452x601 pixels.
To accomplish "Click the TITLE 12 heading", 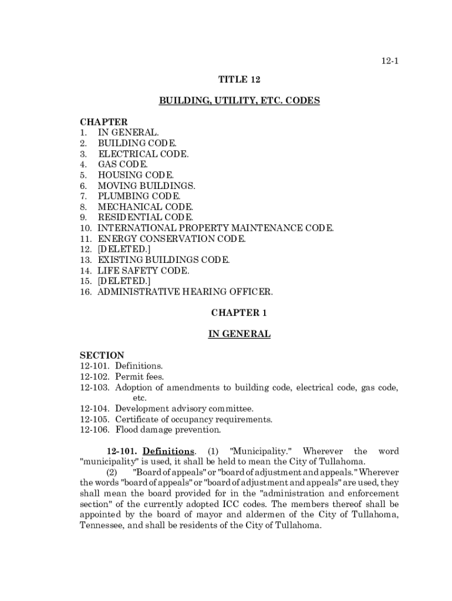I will coord(239,79).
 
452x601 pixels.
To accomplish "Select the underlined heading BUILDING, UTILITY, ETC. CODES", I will coord(239,101).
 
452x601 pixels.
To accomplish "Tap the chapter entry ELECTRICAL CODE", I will coord(143,154).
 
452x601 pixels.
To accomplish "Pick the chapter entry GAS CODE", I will coord(123,164).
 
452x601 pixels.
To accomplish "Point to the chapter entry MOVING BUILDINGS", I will coord(146,185).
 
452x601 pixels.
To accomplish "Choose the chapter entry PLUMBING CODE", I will coord(139,196).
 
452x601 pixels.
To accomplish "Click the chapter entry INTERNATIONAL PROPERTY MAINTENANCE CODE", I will coord(215,228).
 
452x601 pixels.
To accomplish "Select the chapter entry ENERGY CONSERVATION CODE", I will coord(171,239).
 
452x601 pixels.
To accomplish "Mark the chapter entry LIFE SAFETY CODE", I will coord(143,271).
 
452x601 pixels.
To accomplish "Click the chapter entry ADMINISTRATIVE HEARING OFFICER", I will coord(185,292).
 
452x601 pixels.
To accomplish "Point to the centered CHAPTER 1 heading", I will coord(239,313).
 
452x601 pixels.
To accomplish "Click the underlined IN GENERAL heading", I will coord(239,334).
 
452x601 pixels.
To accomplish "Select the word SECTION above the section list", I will coord(102,355).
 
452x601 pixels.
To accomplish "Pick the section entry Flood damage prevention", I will coord(168,430).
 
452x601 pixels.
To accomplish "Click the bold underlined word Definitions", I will coord(168,451).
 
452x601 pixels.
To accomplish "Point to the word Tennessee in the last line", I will coord(100,525).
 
